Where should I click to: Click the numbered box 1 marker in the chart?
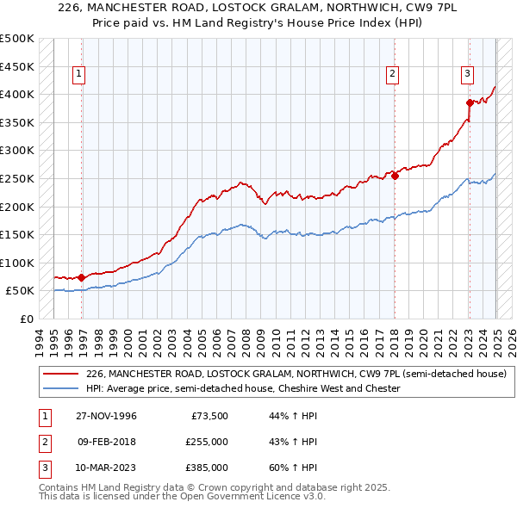(78, 75)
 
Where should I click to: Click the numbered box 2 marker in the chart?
(392, 75)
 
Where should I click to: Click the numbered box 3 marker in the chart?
(467, 75)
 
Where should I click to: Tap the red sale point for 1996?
(81, 277)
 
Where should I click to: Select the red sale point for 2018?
(395, 176)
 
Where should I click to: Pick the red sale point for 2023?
(470, 102)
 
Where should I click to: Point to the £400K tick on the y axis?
(17, 94)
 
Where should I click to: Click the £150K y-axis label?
(17, 234)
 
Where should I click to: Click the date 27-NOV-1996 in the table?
(105, 416)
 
